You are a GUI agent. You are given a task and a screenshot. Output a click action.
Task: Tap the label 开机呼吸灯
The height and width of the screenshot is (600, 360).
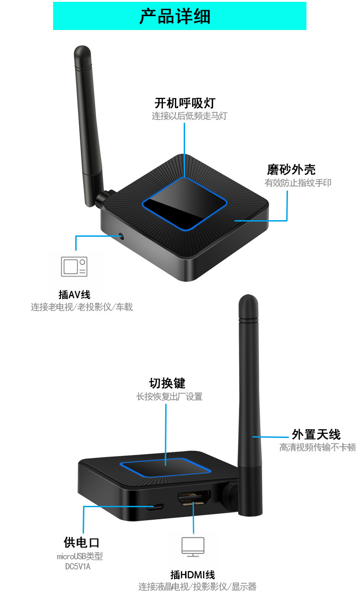pyautogui.click(x=185, y=102)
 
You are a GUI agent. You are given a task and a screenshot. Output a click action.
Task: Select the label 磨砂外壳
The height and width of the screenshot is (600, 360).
pyautogui.click(x=291, y=169)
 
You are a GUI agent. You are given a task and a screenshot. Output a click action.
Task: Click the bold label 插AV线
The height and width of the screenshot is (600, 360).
pyautogui.click(x=74, y=294)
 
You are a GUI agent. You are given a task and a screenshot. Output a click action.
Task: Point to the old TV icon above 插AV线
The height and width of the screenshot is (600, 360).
pyautogui.click(x=74, y=267)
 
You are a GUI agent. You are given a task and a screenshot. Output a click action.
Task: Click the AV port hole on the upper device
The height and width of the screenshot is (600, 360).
pyautogui.click(x=121, y=237)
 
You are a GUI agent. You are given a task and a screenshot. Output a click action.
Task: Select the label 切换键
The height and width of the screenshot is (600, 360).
pyautogui.click(x=167, y=383)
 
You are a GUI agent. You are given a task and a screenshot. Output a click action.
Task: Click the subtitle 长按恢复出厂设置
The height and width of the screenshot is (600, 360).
pyautogui.click(x=169, y=396)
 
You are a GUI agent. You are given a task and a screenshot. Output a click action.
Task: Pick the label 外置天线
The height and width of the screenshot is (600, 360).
pyautogui.click(x=316, y=434)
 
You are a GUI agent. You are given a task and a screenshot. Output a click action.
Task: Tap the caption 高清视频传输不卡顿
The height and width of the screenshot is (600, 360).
pyautogui.click(x=318, y=447)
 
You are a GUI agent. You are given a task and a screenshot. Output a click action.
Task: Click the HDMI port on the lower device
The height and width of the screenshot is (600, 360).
pyautogui.click(x=194, y=498)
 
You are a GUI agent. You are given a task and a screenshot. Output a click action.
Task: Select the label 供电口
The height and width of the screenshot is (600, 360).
pyautogui.click(x=82, y=543)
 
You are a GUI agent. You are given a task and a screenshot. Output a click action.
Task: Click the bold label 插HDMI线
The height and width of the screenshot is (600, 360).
pyautogui.click(x=192, y=575)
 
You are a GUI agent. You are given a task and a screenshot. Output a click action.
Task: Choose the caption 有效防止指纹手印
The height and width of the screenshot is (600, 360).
pyautogui.click(x=298, y=183)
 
